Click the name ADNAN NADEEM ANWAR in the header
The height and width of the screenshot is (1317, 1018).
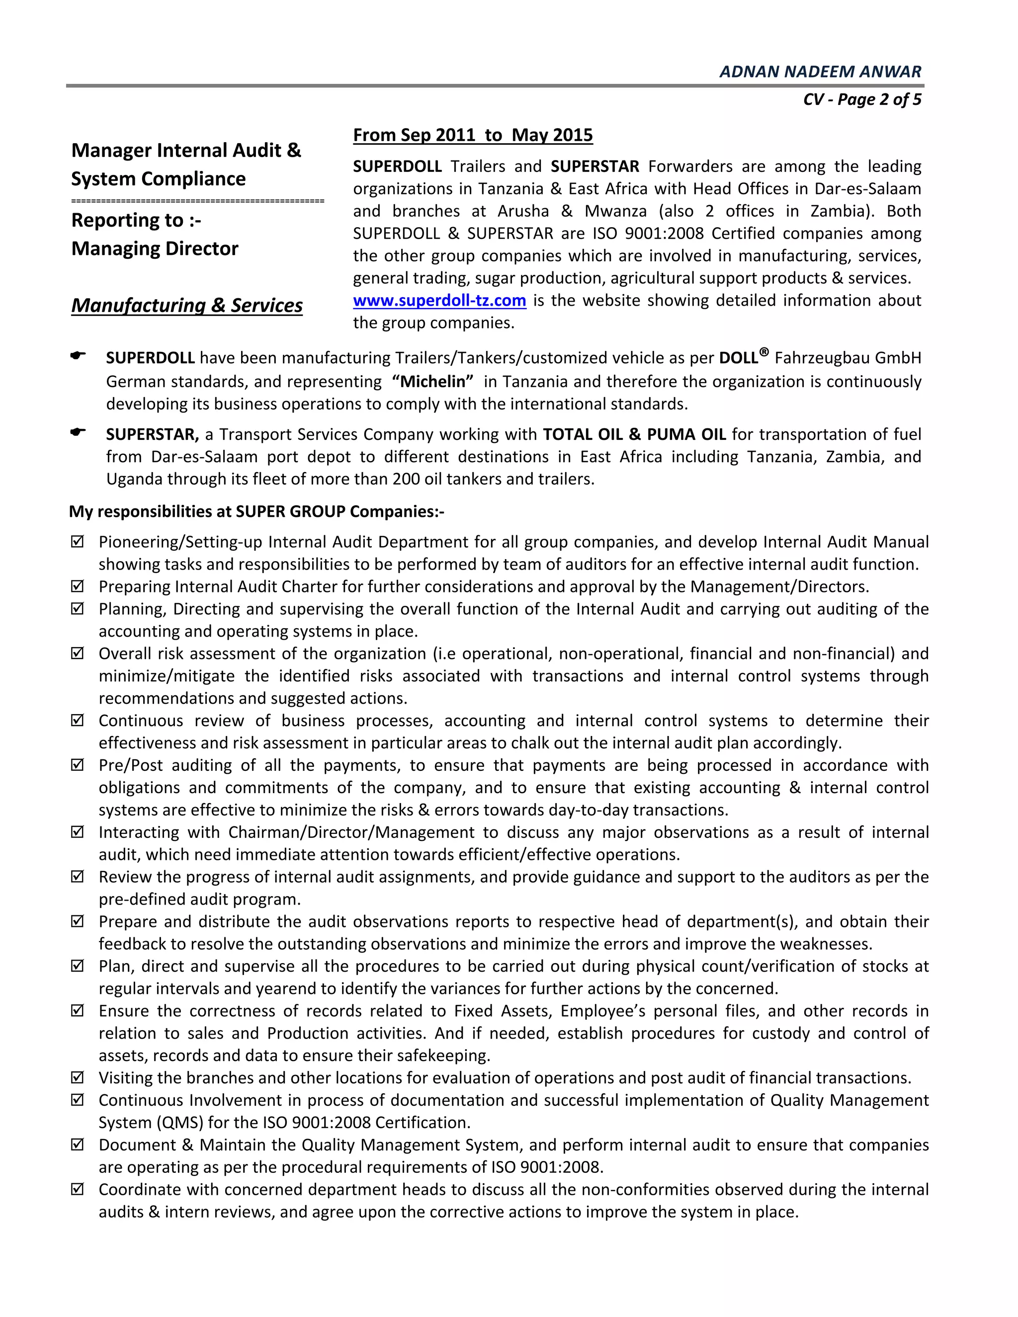tap(820, 72)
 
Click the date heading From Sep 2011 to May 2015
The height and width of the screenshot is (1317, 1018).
tap(472, 135)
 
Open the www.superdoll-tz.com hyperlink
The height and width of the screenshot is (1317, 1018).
tap(439, 300)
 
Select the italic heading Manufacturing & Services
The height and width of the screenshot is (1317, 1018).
tap(186, 305)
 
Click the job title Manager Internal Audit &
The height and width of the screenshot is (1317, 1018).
tap(186, 150)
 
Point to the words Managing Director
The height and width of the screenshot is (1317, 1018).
tap(155, 248)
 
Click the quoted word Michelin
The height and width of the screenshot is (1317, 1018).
tap(432, 382)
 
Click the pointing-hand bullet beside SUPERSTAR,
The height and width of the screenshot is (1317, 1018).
tap(78, 432)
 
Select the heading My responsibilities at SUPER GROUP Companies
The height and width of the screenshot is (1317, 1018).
tap(256, 511)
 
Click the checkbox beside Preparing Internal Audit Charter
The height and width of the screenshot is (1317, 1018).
tap(77, 586)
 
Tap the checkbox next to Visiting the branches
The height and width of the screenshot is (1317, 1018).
tap(77, 1077)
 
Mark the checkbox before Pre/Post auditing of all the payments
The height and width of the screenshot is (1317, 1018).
tap(77, 765)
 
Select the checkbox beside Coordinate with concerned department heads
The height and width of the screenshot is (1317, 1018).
tap(77, 1189)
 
